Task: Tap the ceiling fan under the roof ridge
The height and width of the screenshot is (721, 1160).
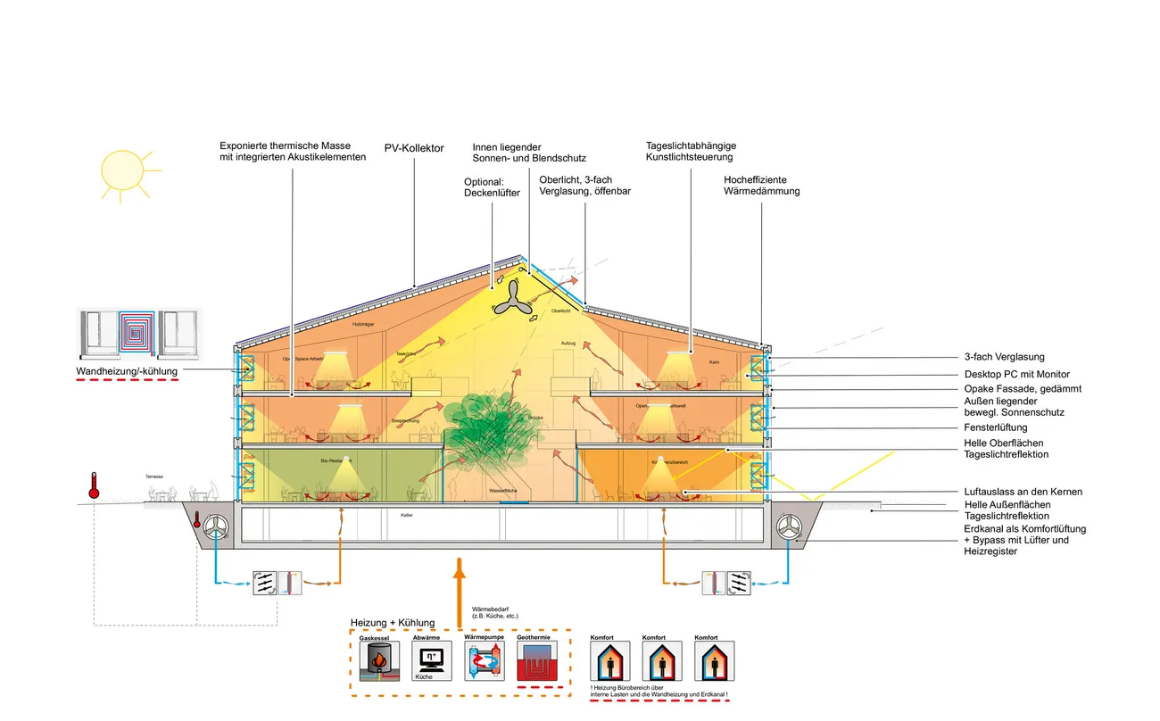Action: point(513,300)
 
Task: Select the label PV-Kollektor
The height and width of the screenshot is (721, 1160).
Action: point(414,149)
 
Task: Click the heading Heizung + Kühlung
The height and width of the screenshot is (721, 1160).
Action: point(393,622)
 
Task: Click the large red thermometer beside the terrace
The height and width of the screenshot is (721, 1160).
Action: point(93,487)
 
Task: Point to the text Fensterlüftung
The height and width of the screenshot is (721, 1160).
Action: point(996,427)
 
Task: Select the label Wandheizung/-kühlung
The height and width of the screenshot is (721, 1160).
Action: point(128,370)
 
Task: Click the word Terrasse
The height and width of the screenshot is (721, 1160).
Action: point(156,477)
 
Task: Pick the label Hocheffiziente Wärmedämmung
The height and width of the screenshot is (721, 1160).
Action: point(761,186)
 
